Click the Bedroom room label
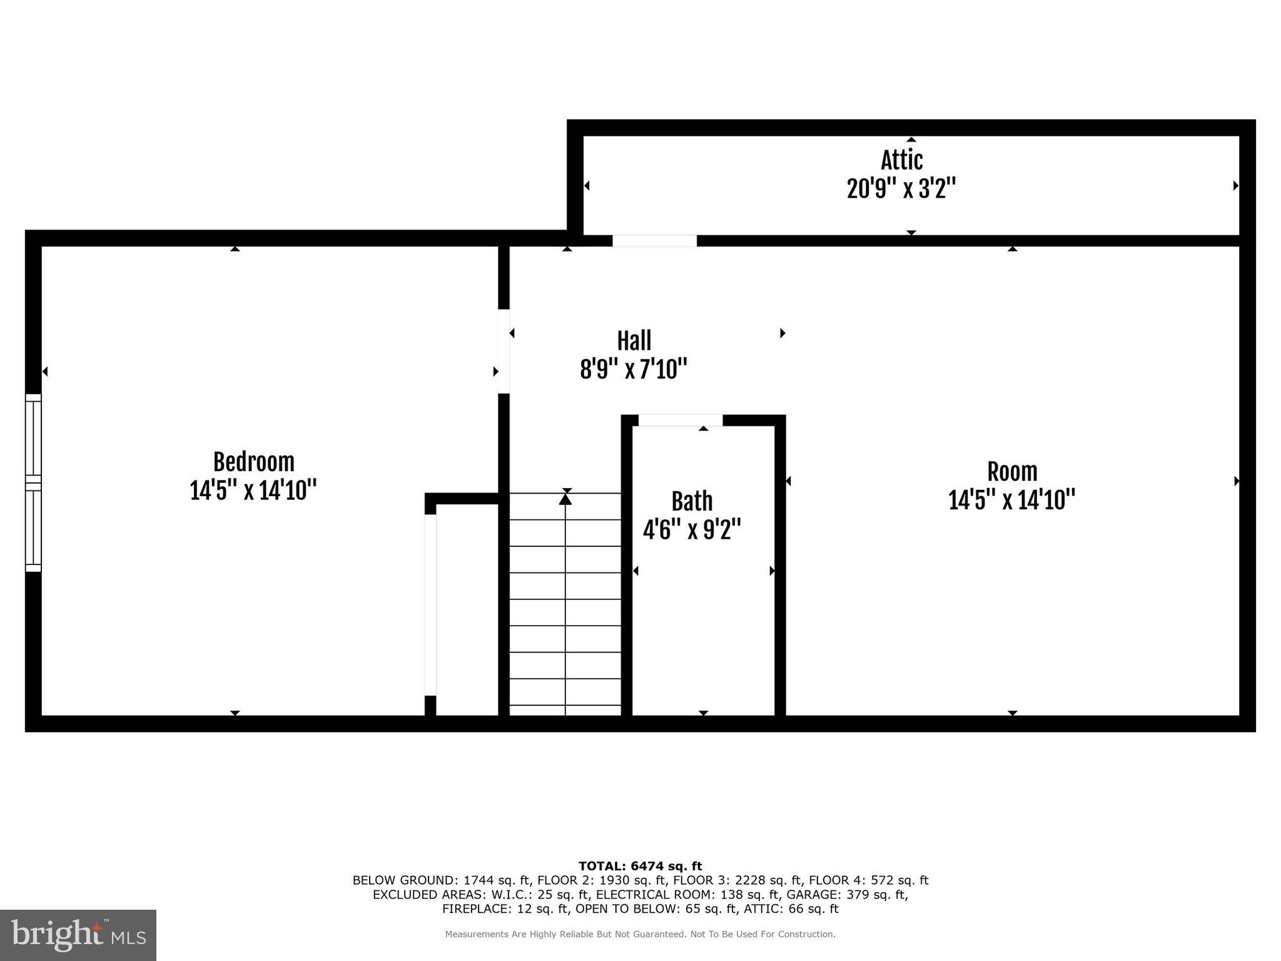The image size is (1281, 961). point(253,462)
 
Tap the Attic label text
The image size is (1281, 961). point(901,160)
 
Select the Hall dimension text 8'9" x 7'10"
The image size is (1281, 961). point(634,369)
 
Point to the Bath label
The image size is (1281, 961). point(692,501)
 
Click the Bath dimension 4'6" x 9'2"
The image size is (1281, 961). point(692,530)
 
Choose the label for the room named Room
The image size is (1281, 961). point(1012,472)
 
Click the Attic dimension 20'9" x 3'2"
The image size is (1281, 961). point(901,188)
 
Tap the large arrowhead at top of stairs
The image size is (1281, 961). point(565,499)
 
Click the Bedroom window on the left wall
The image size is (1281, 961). point(33,483)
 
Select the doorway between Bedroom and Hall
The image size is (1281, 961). point(504,351)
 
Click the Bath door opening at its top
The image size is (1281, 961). point(680,420)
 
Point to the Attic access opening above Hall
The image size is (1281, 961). point(654,241)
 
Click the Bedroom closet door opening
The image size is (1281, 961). point(430,604)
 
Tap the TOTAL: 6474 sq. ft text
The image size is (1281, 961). point(640,866)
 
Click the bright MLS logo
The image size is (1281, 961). point(78,935)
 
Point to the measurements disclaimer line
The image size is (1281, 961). point(640,934)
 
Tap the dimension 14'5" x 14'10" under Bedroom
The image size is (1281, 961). point(253,491)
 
